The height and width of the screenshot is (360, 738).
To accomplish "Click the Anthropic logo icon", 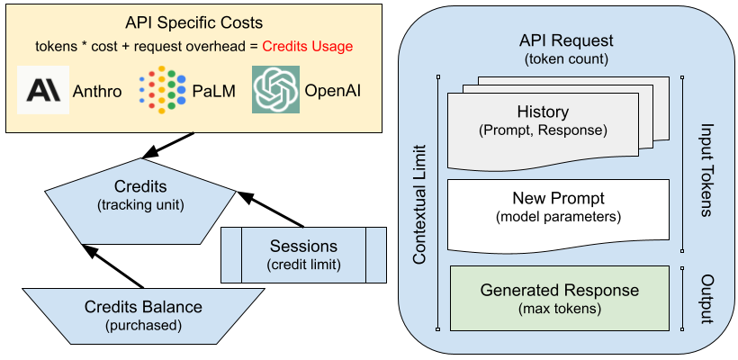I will click(42, 90).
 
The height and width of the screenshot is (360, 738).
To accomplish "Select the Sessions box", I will click(303, 255).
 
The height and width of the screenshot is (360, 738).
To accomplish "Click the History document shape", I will click(543, 122).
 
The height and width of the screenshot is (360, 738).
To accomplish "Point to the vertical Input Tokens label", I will click(706, 170).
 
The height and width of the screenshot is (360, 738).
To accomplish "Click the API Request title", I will click(566, 41).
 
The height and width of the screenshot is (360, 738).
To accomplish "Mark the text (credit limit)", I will click(303, 265).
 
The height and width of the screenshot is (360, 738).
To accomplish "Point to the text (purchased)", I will click(144, 325).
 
